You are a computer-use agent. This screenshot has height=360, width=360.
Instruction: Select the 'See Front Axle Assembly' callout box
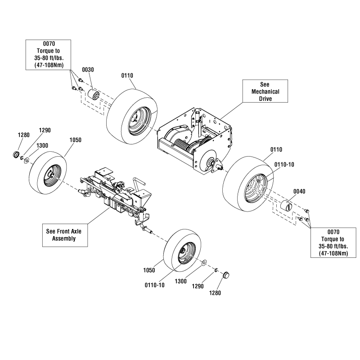pyautogui.click(x=63, y=235)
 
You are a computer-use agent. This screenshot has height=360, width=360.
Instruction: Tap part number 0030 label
pyautogui.click(x=88, y=70)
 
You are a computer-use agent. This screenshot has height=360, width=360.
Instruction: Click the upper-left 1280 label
pyautogui.click(x=24, y=135)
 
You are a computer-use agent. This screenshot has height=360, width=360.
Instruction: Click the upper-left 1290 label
pyautogui.click(x=45, y=130)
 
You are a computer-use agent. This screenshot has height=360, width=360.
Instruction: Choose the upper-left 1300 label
pyautogui.click(x=43, y=145)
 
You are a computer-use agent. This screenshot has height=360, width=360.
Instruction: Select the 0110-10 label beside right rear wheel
pyautogui.click(x=285, y=165)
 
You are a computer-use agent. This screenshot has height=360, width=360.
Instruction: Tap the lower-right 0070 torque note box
pyautogui.click(x=333, y=246)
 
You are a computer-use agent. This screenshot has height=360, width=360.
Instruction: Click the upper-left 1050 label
pyautogui.click(x=75, y=140)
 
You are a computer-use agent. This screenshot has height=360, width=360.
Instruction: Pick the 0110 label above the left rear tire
pyautogui.click(x=127, y=75)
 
